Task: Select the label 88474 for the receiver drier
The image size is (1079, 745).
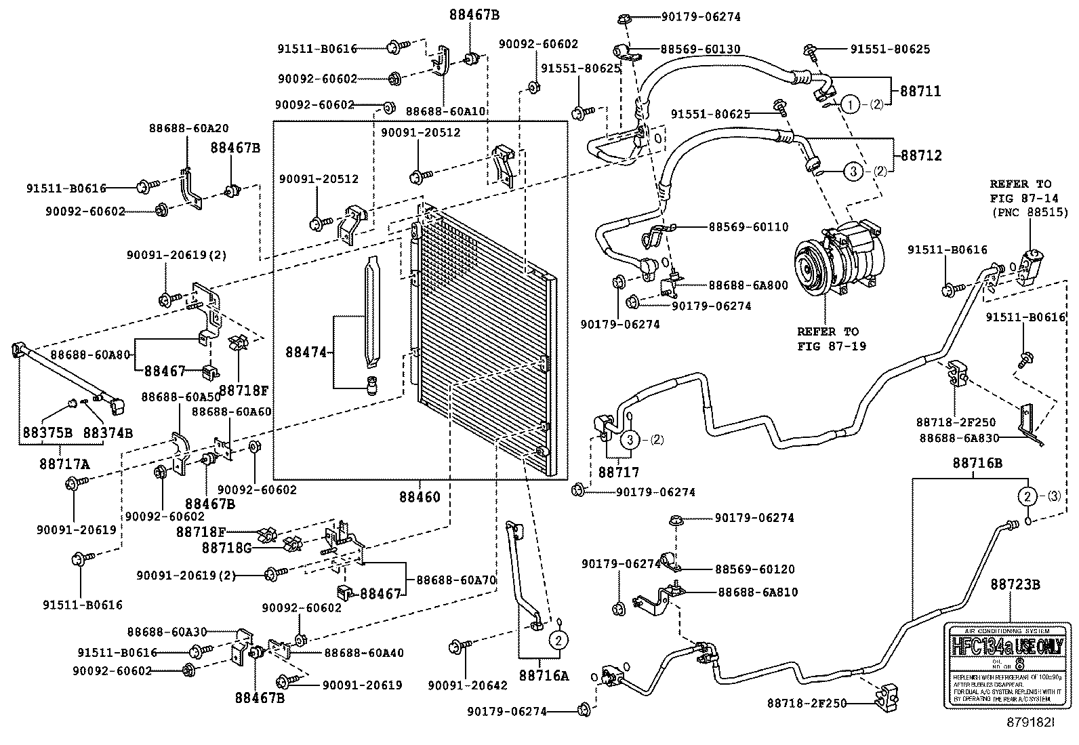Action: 306,352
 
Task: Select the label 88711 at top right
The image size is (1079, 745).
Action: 920,91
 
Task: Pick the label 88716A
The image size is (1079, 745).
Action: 544,675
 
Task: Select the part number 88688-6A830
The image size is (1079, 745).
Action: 959,438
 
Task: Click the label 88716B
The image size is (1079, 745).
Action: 977,463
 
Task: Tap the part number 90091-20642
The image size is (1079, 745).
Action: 468,685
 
